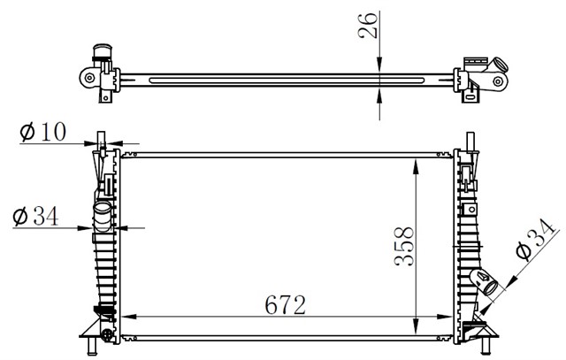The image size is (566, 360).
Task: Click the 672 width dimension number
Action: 285,305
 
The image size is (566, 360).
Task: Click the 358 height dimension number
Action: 404,246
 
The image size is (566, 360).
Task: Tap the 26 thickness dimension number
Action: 368,26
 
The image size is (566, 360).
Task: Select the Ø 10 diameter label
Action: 43,131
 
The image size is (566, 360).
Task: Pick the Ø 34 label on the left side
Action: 35,217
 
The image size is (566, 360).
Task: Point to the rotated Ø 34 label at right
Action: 534,239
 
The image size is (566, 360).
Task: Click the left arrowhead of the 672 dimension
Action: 129,317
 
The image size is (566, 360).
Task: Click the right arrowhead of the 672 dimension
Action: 444,317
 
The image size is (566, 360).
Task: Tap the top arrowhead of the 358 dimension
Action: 416,166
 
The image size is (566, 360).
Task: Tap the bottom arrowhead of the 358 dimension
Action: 416,326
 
